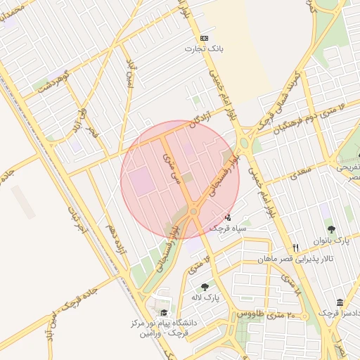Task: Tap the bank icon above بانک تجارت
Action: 205,38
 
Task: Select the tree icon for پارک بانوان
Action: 331,229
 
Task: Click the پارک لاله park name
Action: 207,297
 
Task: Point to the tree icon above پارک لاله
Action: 205,287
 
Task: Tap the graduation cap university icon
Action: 164,313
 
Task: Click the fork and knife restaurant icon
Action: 296,247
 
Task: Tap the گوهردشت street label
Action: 55,79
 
